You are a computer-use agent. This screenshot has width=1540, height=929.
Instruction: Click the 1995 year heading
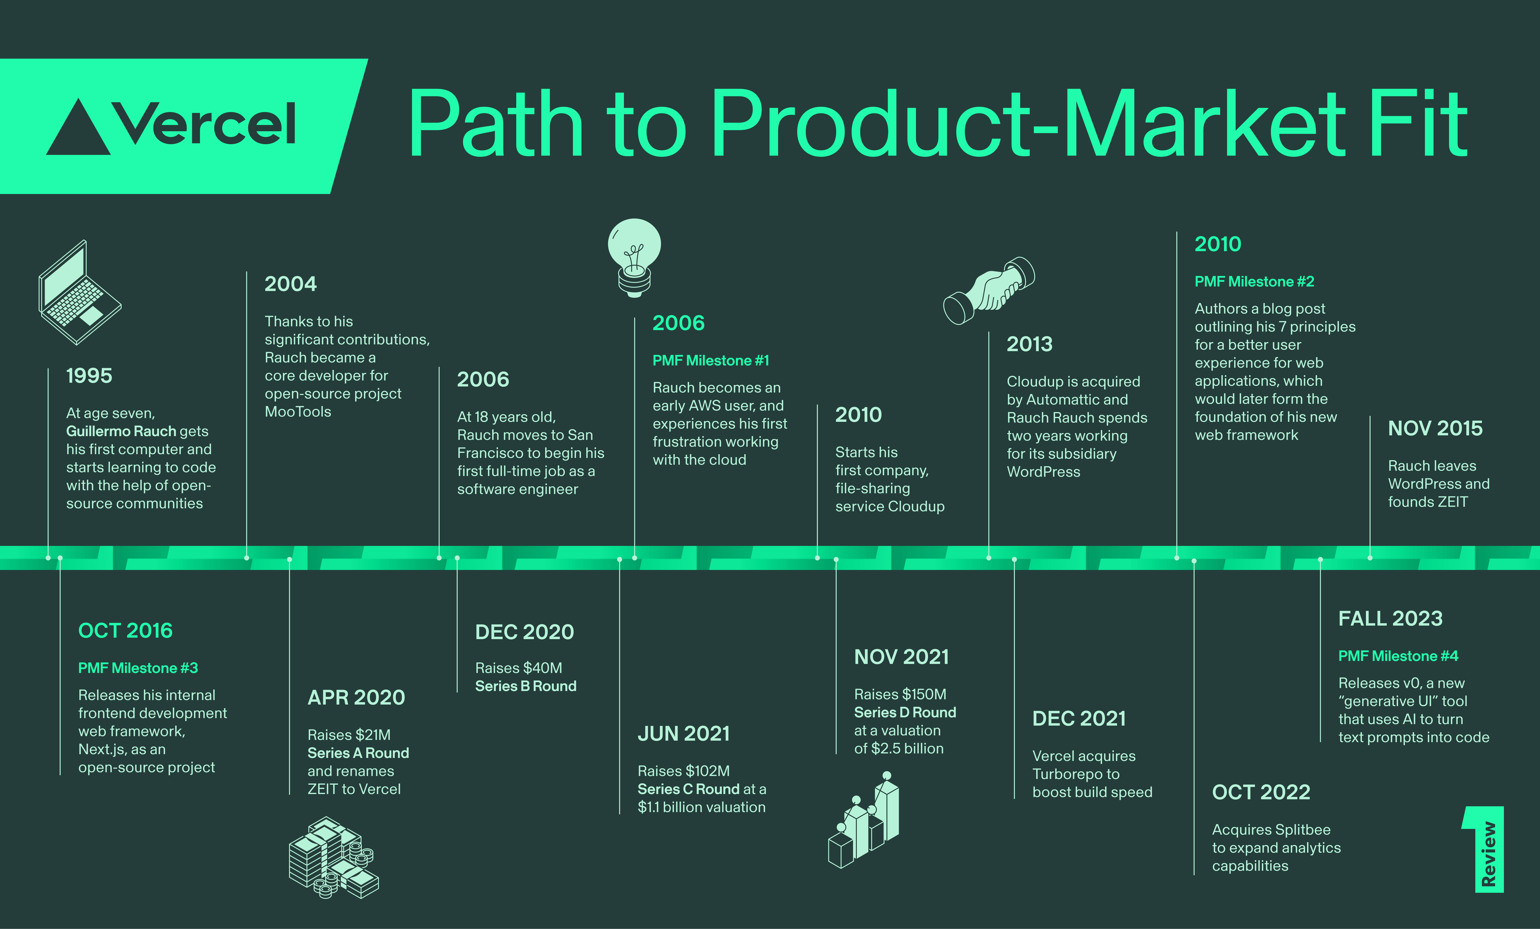click(x=89, y=376)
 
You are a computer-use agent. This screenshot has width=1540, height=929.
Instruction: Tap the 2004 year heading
click(x=291, y=284)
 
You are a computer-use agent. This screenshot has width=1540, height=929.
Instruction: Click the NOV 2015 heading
click(x=1435, y=428)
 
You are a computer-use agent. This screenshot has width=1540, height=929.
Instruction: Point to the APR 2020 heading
click(x=356, y=697)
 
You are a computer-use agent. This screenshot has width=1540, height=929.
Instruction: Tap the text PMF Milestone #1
click(x=711, y=361)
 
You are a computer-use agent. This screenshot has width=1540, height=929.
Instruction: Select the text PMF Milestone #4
click(x=1398, y=656)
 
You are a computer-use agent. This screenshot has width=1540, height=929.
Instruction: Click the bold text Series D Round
click(x=905, y=713)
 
